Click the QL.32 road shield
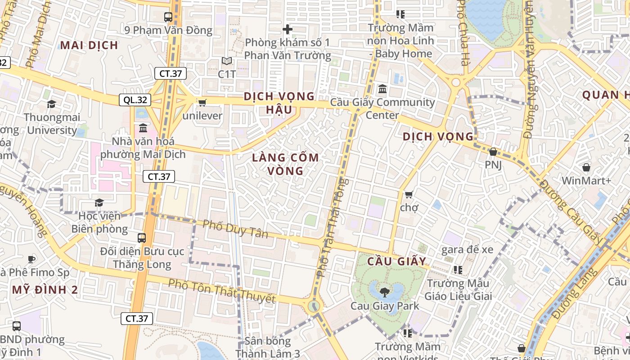[x=135, y=100]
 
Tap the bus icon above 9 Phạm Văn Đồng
[x=168, y=17]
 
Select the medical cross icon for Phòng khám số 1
[x=288, y=30]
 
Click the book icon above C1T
[x=227, y=61]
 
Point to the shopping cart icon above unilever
[x=202, y=103]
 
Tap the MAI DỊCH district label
[x=89, y=45]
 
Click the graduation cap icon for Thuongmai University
[x=52, y=104]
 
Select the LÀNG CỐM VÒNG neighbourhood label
[x=286, y=164]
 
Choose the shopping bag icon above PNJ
[x=493, y=152]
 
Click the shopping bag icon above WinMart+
[x=586, y=168]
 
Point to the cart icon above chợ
[x=409, y=194]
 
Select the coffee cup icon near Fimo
[x=31, y=259]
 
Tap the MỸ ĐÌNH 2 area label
[x=45, y=290]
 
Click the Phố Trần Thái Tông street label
[x=333, y=227]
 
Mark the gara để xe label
[x=467, y=249]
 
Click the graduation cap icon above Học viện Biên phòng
[x=99, y=203]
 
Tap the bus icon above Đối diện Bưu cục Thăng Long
[x=142, y=238]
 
